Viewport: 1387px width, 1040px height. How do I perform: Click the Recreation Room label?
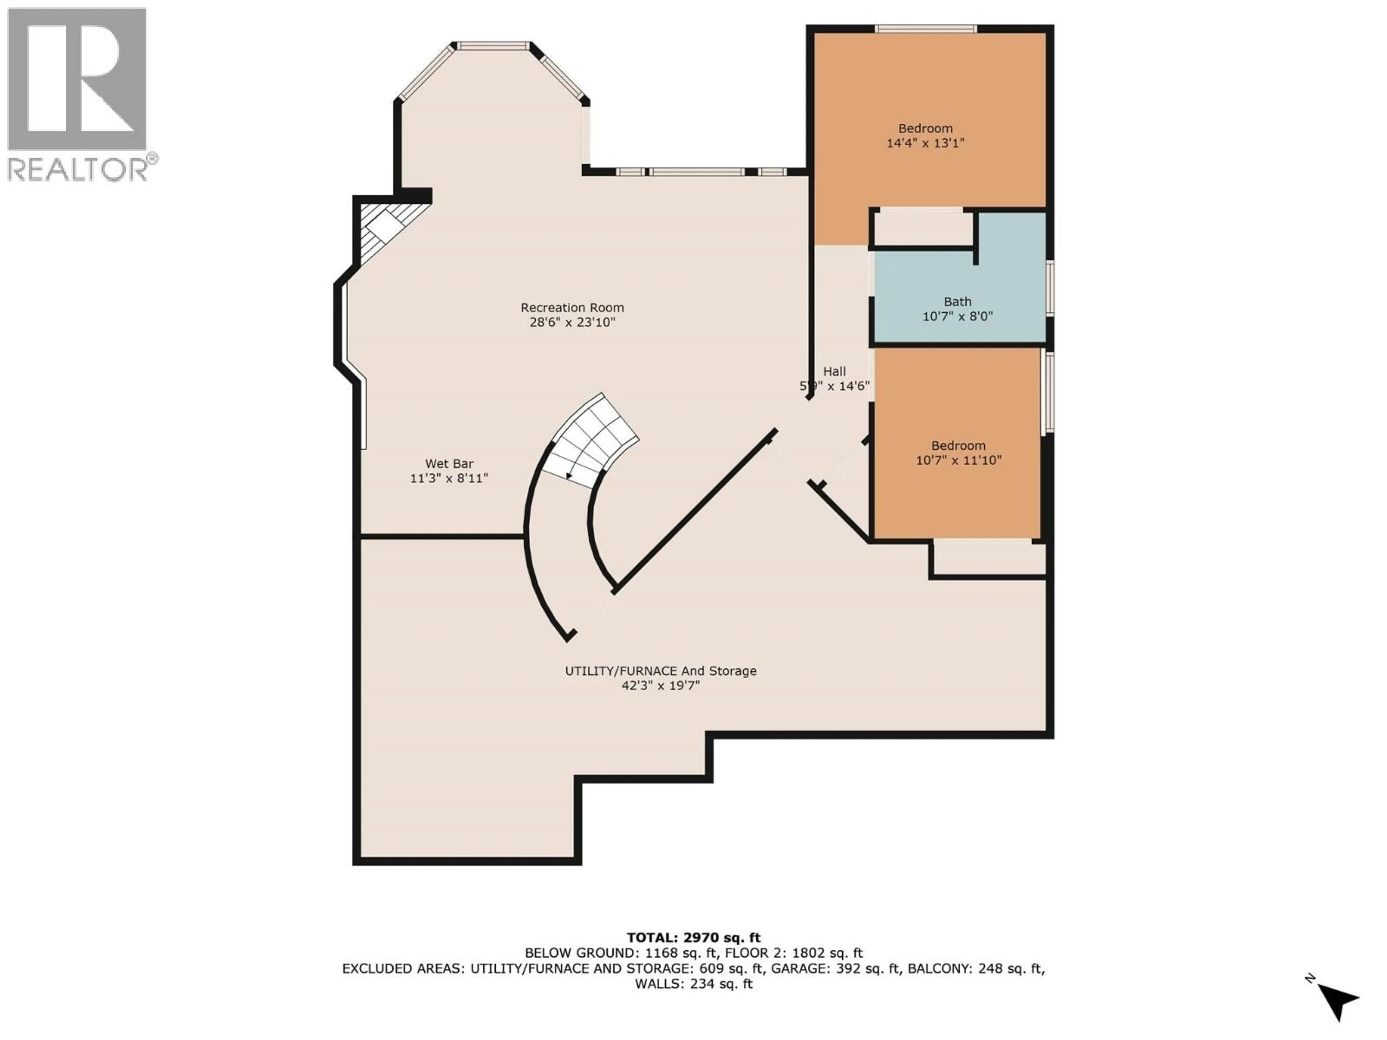tap(572, 308)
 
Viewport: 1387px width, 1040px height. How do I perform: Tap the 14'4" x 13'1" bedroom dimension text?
tap(925, 143)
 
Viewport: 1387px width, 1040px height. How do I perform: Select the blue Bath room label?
tap(958, 302)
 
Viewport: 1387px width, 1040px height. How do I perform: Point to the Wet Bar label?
tap(449, 464)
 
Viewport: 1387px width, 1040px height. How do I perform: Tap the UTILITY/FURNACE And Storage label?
tap(660, 671)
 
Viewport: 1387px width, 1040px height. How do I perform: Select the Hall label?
tap(835, 371)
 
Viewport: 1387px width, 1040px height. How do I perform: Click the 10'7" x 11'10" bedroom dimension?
tap(958, 460)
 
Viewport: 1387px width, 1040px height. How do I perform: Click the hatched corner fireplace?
tap(386, 229)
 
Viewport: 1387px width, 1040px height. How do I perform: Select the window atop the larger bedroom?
tap(925, 29)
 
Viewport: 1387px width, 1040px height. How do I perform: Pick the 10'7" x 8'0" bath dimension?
tap(958, 317)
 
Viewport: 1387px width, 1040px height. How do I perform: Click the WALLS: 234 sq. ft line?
tap(693, 984)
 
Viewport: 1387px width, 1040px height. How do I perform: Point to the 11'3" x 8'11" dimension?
tap(449, 478)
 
